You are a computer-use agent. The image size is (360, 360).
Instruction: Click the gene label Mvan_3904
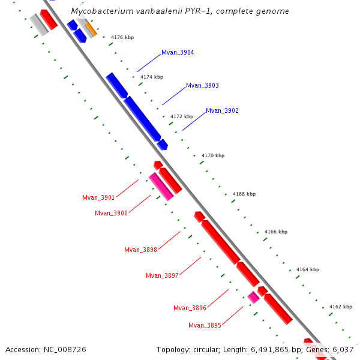pyautogui.click(x=178, y=53)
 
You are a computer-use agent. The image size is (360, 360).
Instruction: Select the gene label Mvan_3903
pyautogui.click(x=202, y=86)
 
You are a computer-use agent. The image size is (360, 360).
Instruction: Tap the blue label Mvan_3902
pyautogui.click(x=222, y=111)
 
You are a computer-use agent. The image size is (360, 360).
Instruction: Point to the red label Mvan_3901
pyautogui.click(x=98, y=198)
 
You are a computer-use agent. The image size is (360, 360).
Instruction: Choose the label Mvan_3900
pyautogui.click(x=111, y=213)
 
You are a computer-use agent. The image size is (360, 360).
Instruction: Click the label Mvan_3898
pyautogui.click(x=140, y=250)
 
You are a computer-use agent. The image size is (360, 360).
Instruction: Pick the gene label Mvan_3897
pyautogui.click(x=162, y=276)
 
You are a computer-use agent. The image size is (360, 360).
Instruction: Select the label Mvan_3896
pyautogui.click(x=190, y=308)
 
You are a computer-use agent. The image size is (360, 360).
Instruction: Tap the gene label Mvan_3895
pyautogui.click(x=205, y=325)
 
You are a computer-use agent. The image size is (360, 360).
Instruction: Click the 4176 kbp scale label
pyautogui.click(x=122, y=37)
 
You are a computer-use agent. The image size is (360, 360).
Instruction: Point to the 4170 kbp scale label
pyautogui.click(x=213, y=155)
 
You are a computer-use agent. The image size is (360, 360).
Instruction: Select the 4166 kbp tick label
pyautogui.click(x=276, y=232)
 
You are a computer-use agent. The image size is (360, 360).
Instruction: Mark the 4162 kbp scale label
pyautogui.click(x=340, y=307)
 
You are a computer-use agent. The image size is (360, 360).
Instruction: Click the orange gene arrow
pyautogui.click(x=91, y=29)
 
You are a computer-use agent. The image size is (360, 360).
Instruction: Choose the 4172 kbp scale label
pyautogui.click(x=182, y=116)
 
